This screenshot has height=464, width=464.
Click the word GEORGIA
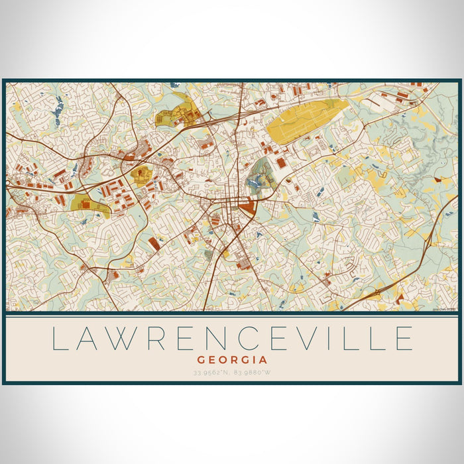[232, 360]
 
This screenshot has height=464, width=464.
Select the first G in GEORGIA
[200, 360]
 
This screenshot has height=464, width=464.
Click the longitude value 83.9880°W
[253, 372]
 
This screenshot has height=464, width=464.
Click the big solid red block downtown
[247, 207]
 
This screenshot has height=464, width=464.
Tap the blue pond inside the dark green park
[255, 180]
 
